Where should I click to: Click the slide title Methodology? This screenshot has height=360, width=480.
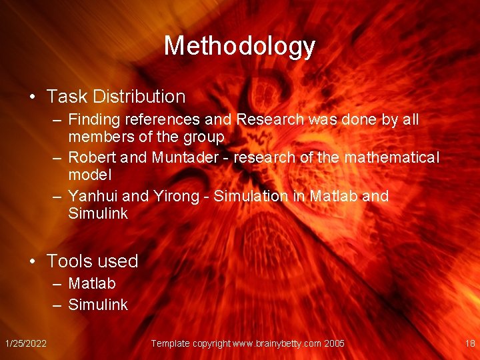point(239,46)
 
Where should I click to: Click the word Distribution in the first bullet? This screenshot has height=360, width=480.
point(139,97)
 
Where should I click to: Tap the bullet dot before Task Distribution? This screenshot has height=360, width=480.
point(32,97)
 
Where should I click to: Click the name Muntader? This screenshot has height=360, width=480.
point(185,158)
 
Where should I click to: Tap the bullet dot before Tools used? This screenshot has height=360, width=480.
point(32,261)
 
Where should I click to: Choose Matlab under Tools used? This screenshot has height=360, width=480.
point(92,283)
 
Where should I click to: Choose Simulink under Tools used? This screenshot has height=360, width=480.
point(97,305)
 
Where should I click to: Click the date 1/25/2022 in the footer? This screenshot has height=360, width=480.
point(25,343)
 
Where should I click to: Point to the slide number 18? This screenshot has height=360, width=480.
point(469,343)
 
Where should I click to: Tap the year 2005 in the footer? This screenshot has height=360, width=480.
point(334,343)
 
